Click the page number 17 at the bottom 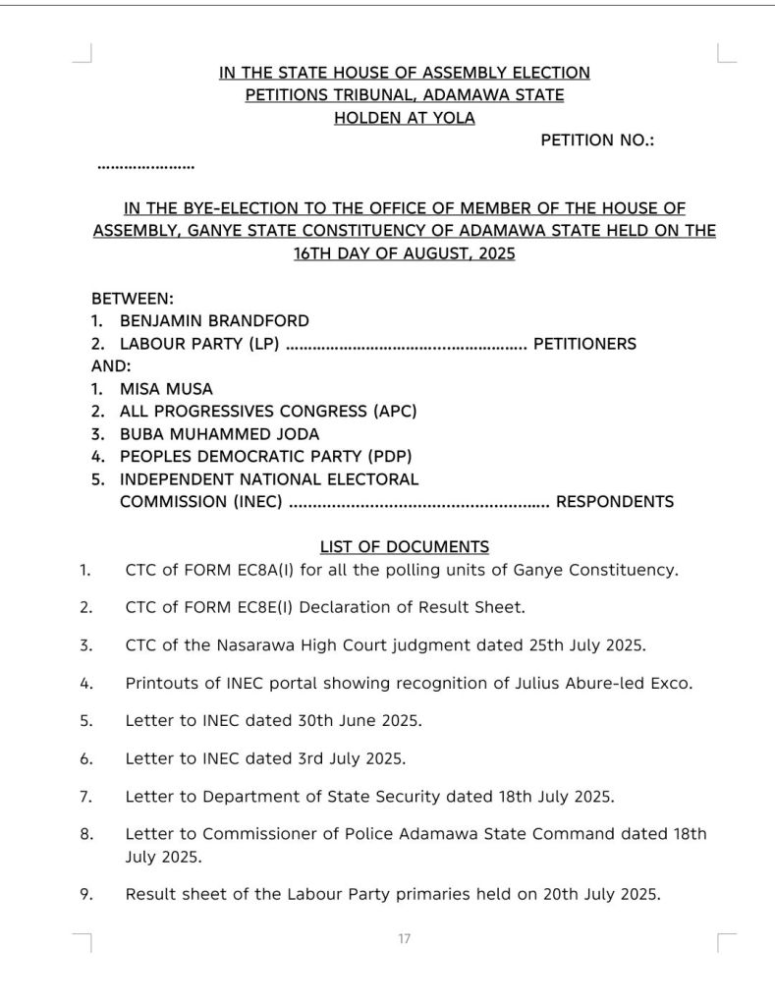404,939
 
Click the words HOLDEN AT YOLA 404,118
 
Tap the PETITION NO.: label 597,140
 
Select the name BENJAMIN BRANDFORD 214,320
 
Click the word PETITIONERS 584,344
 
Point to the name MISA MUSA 166,388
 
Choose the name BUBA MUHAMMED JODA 219,433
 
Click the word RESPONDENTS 615,502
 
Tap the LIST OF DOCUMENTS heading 404,546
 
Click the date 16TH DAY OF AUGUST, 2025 404,253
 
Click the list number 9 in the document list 86,894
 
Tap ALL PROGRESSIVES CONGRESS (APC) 268,411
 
